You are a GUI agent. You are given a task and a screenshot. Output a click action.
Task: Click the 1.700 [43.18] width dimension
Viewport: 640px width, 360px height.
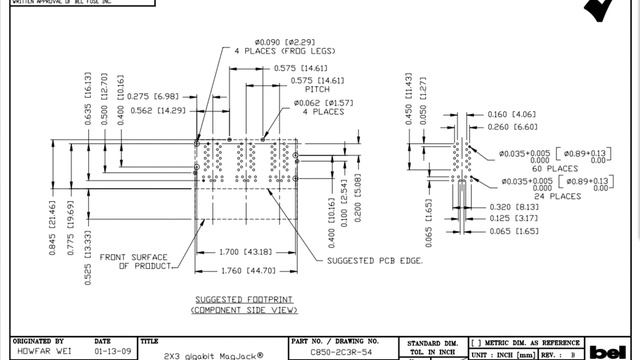click(245, 251)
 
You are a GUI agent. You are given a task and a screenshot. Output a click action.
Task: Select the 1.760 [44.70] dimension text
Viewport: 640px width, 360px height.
click(245, 270)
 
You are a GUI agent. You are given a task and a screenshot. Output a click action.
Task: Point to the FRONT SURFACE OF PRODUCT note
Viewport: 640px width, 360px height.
click(138, 260)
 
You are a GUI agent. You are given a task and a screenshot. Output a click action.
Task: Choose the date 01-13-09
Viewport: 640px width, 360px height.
click(109, 353)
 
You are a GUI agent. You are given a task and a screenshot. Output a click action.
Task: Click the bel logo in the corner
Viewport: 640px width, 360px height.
click(612, 353)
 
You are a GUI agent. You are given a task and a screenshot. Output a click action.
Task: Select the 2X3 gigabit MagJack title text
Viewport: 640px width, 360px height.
click(214, 355)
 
